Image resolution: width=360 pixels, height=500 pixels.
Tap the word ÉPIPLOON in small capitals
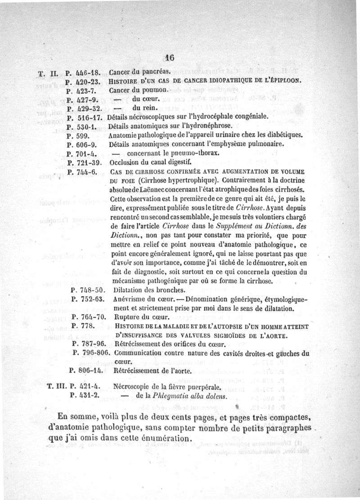283,81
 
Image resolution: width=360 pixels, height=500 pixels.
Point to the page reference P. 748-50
88,289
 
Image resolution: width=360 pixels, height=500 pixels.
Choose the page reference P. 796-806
91,353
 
